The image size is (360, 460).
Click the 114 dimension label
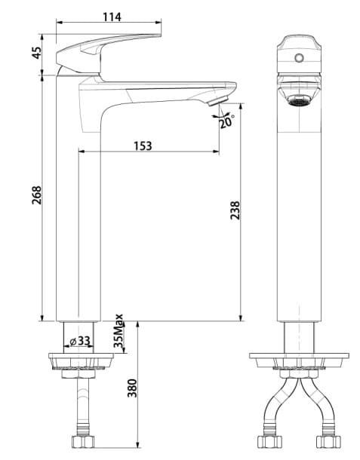[x=112, y=17]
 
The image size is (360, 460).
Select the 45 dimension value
[x=37, y=53]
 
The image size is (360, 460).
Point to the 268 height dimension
[x=37, y=195]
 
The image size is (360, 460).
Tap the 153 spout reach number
[x=143, y=146]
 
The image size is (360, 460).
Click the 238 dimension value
[x=235, y=210]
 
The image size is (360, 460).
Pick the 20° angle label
[x=226, y=121]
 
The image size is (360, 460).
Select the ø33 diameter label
[x=80, y=341]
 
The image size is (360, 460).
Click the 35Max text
[x=118, y=331]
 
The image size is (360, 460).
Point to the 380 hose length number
[x=132, y=388]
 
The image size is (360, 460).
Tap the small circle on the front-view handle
[x=299, y=58]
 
